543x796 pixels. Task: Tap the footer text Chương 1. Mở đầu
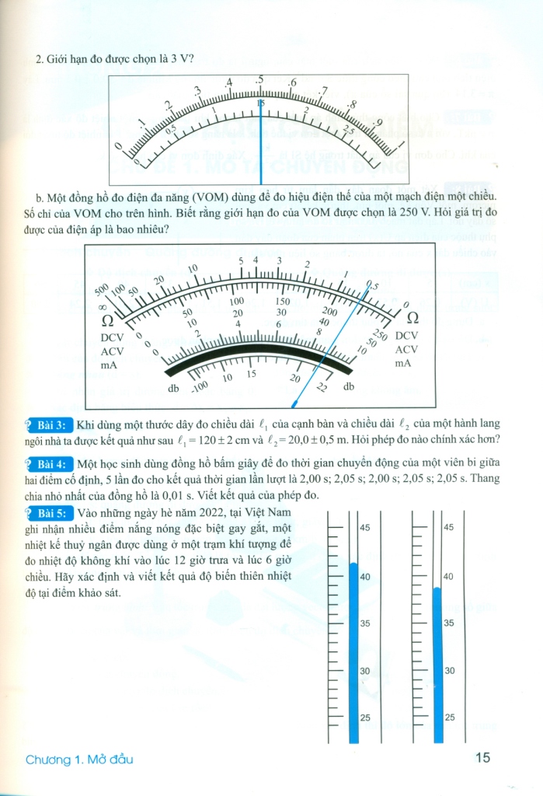coord(85,759)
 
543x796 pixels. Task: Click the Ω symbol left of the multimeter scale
coord(109,320)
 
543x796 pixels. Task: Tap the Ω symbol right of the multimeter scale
coord(412,317)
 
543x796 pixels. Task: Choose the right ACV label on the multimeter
coord(407,349)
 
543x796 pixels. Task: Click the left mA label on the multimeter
coord(110,363)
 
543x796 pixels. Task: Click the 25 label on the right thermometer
coord(448,717)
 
